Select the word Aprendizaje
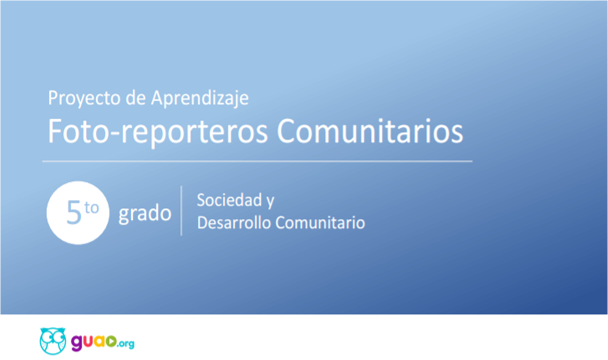200,98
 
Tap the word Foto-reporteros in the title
157,132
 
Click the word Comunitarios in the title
370,131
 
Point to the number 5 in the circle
74,212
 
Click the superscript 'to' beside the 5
91,208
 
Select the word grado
145,214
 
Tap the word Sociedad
230,200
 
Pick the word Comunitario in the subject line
320,223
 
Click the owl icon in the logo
52,341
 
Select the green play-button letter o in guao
111,341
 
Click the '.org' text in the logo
126,344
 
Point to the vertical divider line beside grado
181,211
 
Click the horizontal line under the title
257,161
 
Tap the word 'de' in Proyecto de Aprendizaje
136,98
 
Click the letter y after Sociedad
270,202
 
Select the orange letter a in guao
100,341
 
